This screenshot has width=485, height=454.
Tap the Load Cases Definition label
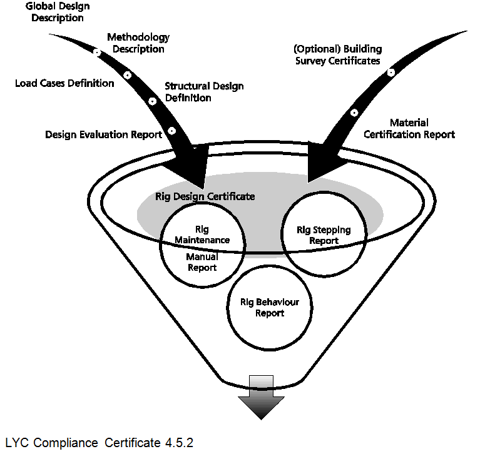coord(64,83)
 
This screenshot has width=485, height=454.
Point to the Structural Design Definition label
coord(204,92)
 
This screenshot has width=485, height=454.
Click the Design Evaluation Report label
coord(103,134)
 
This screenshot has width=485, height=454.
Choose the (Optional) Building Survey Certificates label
coord(337,55)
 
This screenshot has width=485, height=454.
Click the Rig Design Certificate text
coord(205,196)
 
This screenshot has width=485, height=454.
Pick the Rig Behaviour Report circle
coord(269,308)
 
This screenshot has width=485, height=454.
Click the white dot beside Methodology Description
coord(97,53)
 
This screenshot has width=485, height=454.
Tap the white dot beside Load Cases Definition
coord(128,75)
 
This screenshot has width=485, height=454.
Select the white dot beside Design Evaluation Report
coord(171,131)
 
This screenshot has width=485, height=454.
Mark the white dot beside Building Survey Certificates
coord(391,73)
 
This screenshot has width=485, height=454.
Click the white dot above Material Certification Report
coord(354,113)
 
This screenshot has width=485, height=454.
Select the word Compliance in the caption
coord(66,443)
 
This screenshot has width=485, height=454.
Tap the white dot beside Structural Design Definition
coord(152,101)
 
